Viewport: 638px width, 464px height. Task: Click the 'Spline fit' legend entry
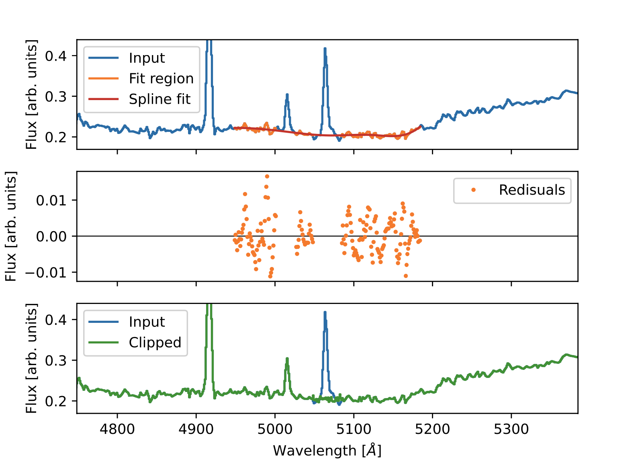point(159,99)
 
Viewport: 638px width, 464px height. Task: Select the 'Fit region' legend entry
point(161,78)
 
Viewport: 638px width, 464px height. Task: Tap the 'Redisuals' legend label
point(532,190)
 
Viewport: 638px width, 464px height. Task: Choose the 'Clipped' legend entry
point(155,342)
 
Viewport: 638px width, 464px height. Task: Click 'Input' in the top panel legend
point(147,58)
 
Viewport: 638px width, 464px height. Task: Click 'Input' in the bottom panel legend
point(147,322)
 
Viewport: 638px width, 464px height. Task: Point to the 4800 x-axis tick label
point(117,429)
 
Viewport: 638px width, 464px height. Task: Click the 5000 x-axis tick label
point(275,429)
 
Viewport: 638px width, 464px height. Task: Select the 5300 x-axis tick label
point(511,429)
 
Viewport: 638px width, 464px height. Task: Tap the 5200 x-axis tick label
point(432,429)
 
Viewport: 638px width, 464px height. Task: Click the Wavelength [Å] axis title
point(327,450)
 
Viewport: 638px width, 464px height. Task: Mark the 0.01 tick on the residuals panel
point(51,200)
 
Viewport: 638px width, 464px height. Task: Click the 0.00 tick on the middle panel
point(51,236)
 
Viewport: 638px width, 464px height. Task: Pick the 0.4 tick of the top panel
point(56,56)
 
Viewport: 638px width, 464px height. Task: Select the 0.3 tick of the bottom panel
point(56,360)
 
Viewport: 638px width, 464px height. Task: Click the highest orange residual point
point(267,177)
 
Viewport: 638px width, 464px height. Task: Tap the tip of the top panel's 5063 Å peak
point(325,49)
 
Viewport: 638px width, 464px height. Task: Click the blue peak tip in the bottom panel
point(325,312)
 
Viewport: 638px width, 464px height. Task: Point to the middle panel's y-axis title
point(11,226)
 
